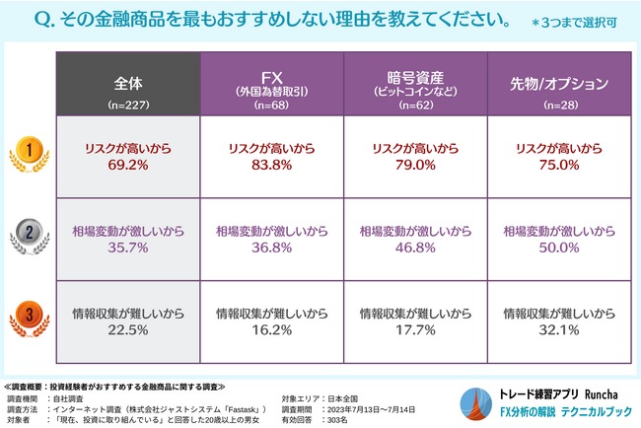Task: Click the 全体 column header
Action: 128,83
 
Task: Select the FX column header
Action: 272,83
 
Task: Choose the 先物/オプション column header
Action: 559,83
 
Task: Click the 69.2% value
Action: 128,166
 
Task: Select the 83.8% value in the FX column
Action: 272,166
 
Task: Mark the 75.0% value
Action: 559,166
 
